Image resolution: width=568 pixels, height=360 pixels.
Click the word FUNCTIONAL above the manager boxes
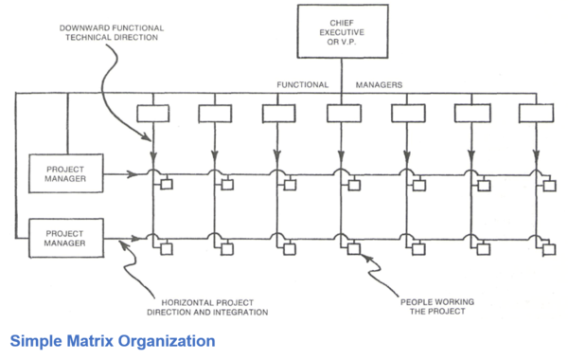point(303,85)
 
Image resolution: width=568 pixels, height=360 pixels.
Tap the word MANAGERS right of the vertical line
point(379,85)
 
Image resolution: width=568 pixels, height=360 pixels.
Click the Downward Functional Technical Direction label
point(112,32)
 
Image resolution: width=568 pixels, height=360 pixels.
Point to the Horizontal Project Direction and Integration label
point(207,308)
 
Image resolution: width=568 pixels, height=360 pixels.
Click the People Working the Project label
point(437,307)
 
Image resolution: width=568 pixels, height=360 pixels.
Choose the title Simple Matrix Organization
point(113,341)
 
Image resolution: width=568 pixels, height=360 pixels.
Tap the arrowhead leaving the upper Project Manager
point(133,174)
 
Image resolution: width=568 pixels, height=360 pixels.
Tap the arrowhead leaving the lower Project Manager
point(134,239)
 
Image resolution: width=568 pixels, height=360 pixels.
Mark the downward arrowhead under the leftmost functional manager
point(153,157)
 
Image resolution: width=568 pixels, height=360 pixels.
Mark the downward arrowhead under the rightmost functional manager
point(537,156)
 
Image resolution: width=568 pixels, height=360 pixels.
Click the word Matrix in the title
point(90,341)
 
